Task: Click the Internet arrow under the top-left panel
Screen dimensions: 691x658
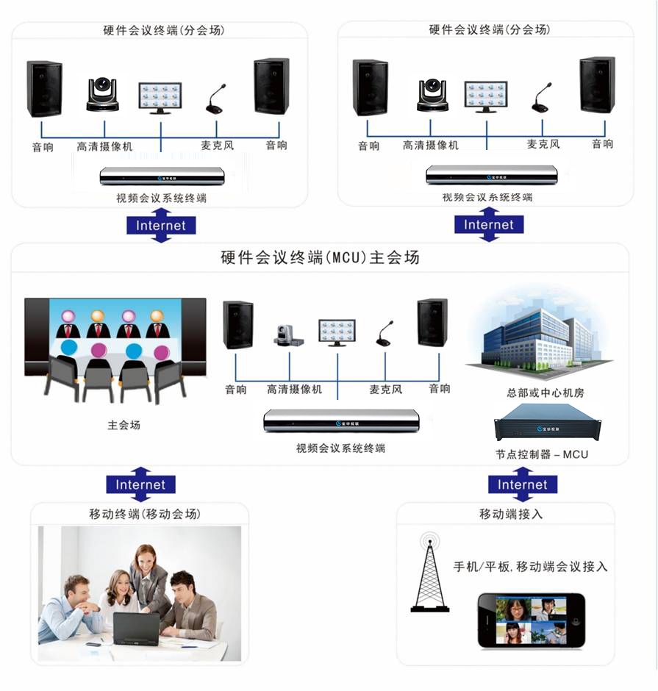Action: point(161,225)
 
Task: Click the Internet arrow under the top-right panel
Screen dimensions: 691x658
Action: point(489,224)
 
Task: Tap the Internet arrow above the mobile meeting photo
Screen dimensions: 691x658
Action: point(140,484)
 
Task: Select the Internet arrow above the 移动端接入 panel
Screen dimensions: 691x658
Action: point(523,484)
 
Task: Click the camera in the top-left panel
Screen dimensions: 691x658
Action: point(102,95)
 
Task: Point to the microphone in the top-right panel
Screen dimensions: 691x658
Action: point(541,98)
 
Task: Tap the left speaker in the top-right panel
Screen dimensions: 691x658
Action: point(370,87)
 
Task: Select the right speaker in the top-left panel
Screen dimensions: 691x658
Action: point(271,87)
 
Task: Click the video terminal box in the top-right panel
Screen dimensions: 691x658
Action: point(491,175)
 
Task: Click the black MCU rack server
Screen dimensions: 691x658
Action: point(547,426)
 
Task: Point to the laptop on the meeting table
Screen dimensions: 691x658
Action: point(137,629)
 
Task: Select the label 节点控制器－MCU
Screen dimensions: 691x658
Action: point(542,454)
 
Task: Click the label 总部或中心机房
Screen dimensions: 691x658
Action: point(540,393)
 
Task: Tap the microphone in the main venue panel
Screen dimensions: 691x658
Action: point(385,333)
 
